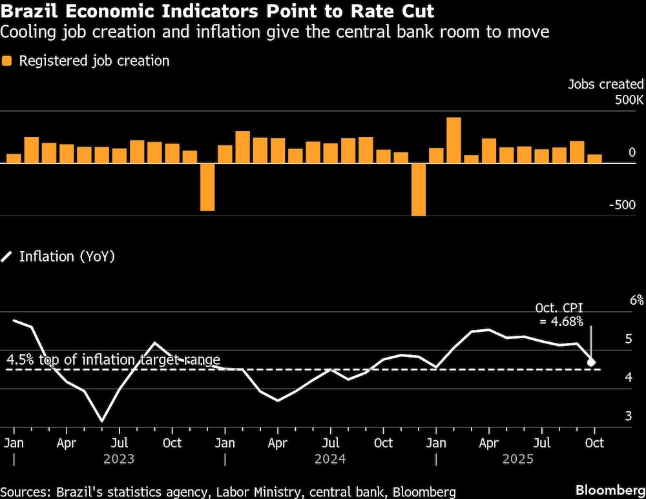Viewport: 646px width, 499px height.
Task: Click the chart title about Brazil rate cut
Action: click(217, 12)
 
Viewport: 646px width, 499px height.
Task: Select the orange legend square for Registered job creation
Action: click(7, 61)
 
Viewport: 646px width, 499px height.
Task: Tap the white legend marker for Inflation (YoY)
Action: click(7, 257)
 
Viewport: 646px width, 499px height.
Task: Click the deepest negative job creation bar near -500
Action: click(419, 189)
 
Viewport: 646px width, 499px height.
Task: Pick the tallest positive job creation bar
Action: click(453, 140)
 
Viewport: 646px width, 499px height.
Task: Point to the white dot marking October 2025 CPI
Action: click(591, 363)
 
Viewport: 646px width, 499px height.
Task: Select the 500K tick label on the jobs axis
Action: click(629, 101)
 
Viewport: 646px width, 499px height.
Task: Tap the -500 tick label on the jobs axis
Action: click(622, 205)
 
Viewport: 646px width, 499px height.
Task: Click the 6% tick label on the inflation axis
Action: click(637, 300)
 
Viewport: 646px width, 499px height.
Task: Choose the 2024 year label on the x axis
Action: click(330, 459)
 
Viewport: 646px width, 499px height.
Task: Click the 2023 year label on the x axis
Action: click(119, 459)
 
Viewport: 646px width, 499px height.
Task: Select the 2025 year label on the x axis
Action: click(517, 459)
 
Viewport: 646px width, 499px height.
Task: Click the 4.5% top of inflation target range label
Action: click(114, 360)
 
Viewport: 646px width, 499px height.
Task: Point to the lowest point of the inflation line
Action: click(101, 422)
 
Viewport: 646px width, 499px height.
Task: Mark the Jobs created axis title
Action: click(605, 84)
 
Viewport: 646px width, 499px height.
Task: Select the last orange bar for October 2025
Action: click(594, 158)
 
